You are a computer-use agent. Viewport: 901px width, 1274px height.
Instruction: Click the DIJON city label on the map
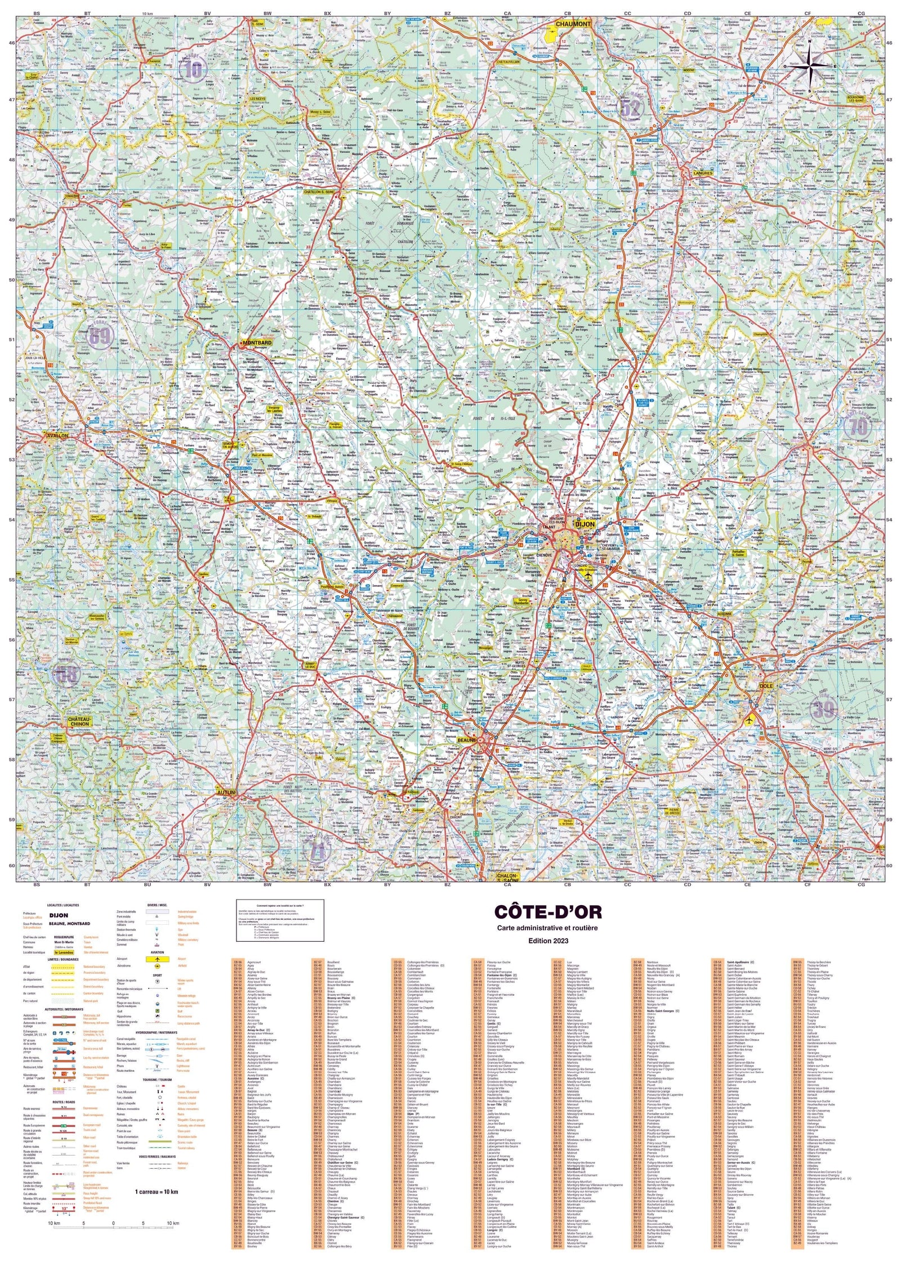click(585, 524)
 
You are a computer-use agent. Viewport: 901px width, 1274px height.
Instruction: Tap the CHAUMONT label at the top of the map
click(573, 24)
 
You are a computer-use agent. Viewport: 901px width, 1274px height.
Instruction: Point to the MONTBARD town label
click(257, 342)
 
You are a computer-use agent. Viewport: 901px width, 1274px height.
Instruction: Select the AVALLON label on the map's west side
click(57, 435)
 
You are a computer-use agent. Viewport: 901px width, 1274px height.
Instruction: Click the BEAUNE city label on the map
click(467, 740)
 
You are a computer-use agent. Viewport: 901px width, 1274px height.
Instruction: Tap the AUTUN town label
click(226, 792)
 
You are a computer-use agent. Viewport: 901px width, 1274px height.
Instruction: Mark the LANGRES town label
click(703, 173)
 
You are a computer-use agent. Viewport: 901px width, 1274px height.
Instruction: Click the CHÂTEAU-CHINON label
click(79, 721)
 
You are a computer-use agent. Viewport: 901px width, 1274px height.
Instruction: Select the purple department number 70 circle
click(858, 426)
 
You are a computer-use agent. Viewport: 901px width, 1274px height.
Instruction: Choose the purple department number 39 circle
click(823, 708)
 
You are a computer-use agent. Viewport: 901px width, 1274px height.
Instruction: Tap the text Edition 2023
click(548, 941)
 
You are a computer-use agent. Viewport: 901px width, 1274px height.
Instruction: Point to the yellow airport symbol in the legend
click(158, 959)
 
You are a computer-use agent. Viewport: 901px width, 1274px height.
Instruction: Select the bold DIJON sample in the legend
click(59, 915)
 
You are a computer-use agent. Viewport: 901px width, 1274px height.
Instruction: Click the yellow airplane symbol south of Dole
click(750, 720)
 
